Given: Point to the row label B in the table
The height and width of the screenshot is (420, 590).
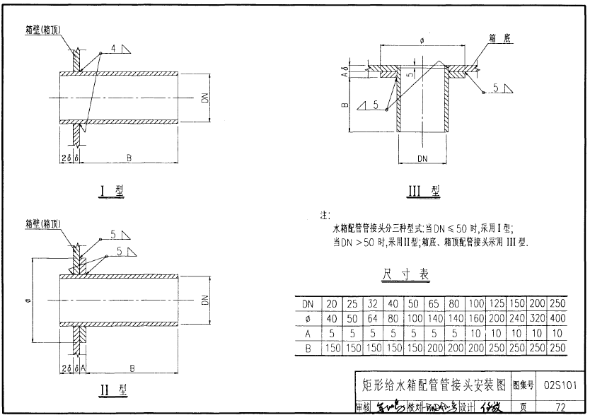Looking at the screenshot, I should tap(308, 348).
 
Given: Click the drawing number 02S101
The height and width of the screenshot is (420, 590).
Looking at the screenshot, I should tap(561, 385).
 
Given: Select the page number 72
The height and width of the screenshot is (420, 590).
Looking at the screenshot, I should tap(561, 408).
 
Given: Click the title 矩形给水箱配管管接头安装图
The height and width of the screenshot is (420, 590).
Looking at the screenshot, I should tap(434, 385).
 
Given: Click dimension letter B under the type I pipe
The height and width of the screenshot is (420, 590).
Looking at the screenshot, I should tap(128, 157).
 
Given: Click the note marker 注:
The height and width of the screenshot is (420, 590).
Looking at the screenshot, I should tap(325, 215).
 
